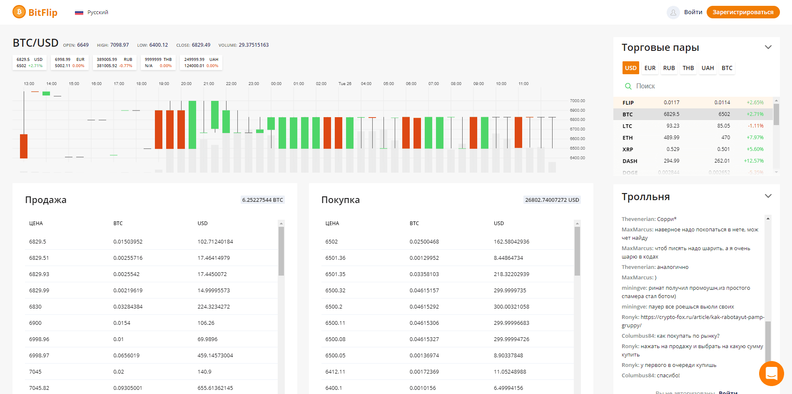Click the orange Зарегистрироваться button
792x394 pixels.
click(743, 12)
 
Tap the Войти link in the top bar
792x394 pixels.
click(693, 12)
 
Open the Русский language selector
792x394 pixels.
click(92, 13)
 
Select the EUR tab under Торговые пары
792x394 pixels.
click(650, 68)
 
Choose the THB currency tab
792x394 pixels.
click(688, 68)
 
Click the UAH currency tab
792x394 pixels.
click(707, 68)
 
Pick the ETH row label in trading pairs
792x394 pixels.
click(628, 138)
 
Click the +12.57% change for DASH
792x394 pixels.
click(754, 161)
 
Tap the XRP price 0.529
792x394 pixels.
click(672, 149)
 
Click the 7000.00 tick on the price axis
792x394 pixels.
click(577, 101)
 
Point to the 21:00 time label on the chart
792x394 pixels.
click(209, 84)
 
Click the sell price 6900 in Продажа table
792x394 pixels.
click(35, 323)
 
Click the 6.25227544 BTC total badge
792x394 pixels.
click(262, 200)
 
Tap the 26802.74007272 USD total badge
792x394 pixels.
click(552, 200)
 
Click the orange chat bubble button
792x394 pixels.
click(771, 373)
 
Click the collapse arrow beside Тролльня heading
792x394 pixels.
click(768, 196)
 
